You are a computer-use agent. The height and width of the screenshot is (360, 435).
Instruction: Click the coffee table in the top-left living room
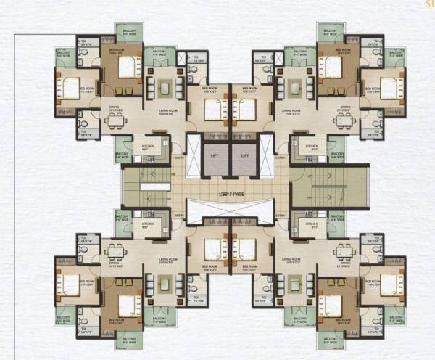tap(166, 89)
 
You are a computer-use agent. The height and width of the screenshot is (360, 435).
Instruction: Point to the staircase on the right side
tap(330, 192)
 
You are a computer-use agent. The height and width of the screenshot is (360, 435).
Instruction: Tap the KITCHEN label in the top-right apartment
tap(312, 145)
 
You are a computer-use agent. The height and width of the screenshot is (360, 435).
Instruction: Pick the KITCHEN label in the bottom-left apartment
tap(149, 225)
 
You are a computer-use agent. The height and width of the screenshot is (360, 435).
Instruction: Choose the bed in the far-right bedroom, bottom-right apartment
tap(389, 278)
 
